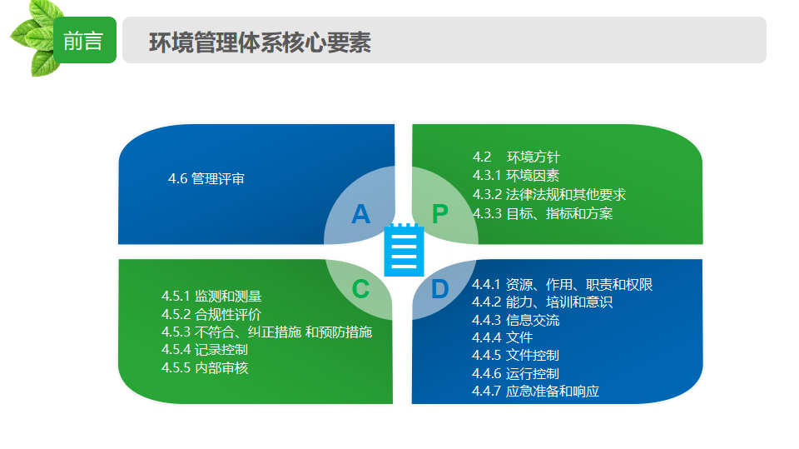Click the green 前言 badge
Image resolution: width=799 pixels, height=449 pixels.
(85, 40)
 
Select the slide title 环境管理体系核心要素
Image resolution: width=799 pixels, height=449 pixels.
(260, 42)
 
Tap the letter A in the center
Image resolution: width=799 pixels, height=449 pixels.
(360, 214)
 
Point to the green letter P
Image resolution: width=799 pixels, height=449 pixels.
(440, 214)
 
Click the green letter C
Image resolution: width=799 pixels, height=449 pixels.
(360, 289)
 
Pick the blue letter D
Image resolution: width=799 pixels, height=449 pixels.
(440, 289)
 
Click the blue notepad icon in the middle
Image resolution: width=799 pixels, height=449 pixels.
(404, 250)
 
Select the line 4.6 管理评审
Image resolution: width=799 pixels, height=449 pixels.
(206, 178)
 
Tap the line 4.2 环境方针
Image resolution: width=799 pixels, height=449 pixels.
(516, 157)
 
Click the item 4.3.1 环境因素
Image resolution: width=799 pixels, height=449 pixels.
(516, 176)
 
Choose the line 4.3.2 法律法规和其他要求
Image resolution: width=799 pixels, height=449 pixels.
(549, 194)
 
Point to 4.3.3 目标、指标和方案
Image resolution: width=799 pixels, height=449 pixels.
(543, 213)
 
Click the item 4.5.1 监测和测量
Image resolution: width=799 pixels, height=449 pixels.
(211, 296)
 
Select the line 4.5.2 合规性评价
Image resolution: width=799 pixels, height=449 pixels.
(211, 314)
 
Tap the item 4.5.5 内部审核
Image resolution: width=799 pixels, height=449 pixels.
(205, 368)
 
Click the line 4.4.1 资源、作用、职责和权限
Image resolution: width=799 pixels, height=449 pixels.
(563, 284)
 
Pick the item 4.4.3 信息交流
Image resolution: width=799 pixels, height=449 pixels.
(516, 320)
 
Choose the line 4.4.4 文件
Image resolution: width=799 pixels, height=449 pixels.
(503, 337)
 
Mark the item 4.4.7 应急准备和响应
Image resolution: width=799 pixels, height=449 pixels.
(535, 391)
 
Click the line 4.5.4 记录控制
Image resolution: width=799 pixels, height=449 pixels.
(205, 350)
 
